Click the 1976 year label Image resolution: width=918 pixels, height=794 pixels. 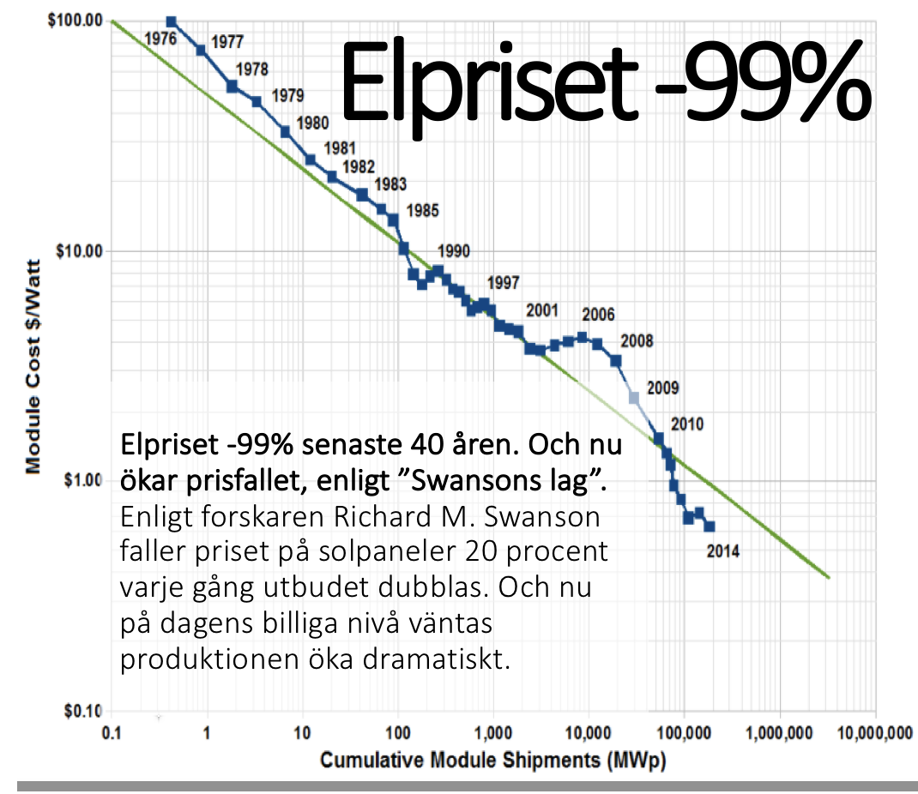pyautogui.click(x=161, y=39)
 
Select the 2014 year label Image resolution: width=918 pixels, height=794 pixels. pyautogui.click(x=722, y=552)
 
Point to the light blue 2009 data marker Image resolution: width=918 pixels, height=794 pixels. pyautogui.click(x=634, y=398)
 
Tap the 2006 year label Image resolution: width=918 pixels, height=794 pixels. pyautogui.click(x=597, y=316)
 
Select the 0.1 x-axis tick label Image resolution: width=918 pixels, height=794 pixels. pyautogui.click(x=110, y=734)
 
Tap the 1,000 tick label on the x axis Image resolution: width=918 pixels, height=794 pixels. pyautogui.click(x=492, y=734)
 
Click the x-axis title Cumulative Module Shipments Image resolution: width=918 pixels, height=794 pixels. pyautogui.click(x=492, y=760)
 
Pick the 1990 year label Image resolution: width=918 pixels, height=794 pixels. pyautogui.click(x=453, y=252)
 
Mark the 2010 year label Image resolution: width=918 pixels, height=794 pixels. pyautogui.click(x=687, y=424)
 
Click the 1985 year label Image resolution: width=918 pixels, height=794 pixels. pyautogui.click(x=422, y=210)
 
